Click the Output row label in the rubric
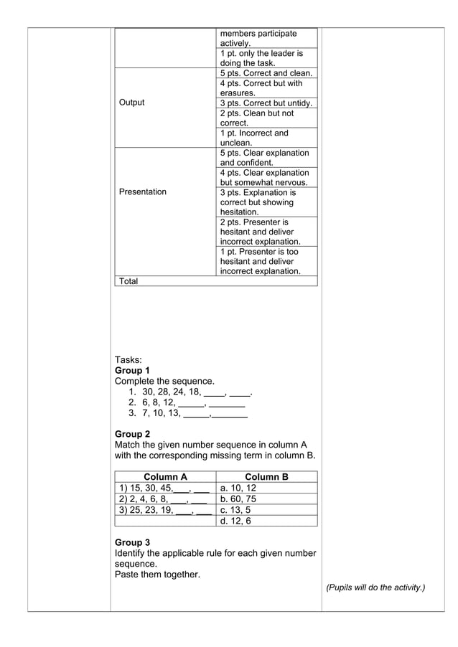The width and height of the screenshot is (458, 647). tap(132, 103)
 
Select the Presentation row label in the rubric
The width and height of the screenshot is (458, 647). tap(143, 192)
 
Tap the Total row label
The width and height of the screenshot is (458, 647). tap(128, 281)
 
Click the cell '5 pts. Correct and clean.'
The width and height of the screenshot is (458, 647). tap(266, 73)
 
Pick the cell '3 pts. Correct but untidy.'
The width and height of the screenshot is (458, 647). tap(266, 103)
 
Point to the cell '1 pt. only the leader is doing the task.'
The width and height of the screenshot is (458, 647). tap(261, 58)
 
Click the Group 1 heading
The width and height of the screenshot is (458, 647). tap(132, 371)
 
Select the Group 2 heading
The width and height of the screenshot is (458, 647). tap(132, 434)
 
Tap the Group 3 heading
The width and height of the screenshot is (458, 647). tap(132, 542)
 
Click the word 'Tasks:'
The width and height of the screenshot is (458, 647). tap(128, 360)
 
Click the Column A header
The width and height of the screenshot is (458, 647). tap(165, 477)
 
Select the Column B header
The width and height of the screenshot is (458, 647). tap(266, 477)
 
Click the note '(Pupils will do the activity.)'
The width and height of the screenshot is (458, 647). tap(375, 587)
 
